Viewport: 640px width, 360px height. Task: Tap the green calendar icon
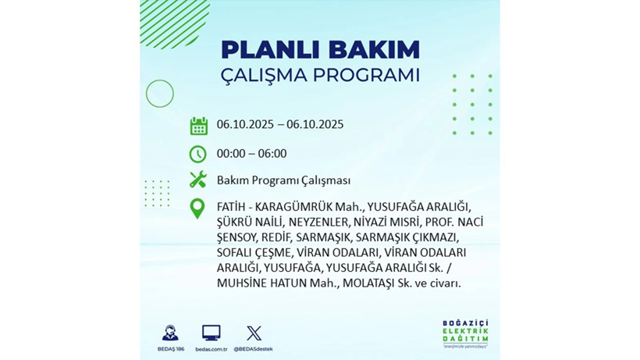coord(198,126)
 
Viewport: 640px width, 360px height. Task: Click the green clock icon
coord(198,154)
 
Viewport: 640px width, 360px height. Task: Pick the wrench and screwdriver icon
coord(198,180)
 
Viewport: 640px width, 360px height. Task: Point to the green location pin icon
coord(198,209)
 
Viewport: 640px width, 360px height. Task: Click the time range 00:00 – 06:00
coord(251,154)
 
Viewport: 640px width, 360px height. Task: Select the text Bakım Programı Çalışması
coord(283,180)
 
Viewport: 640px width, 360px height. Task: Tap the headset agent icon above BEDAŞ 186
coord(170,333)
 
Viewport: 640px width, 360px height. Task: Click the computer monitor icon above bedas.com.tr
coord(211,333)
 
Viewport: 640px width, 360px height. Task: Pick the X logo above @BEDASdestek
coord(254,333)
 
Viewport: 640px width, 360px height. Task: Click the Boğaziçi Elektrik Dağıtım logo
coord(465,335)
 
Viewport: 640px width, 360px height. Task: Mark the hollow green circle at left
coord(160,94)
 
